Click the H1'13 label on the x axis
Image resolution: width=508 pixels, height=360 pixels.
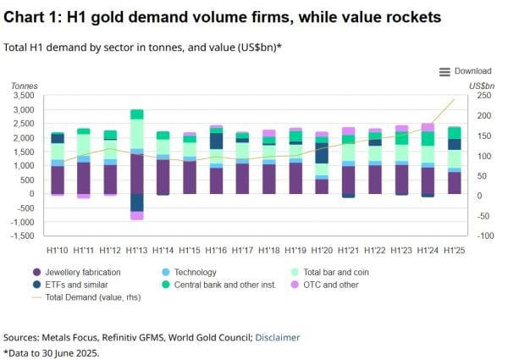[136, 251]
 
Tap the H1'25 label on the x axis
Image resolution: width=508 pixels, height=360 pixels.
[455, 251]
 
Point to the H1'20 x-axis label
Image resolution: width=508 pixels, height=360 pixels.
[322, 251]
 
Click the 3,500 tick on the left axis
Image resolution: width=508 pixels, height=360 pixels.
[23, 96]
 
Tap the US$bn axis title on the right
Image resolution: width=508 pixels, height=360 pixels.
[480, 86]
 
